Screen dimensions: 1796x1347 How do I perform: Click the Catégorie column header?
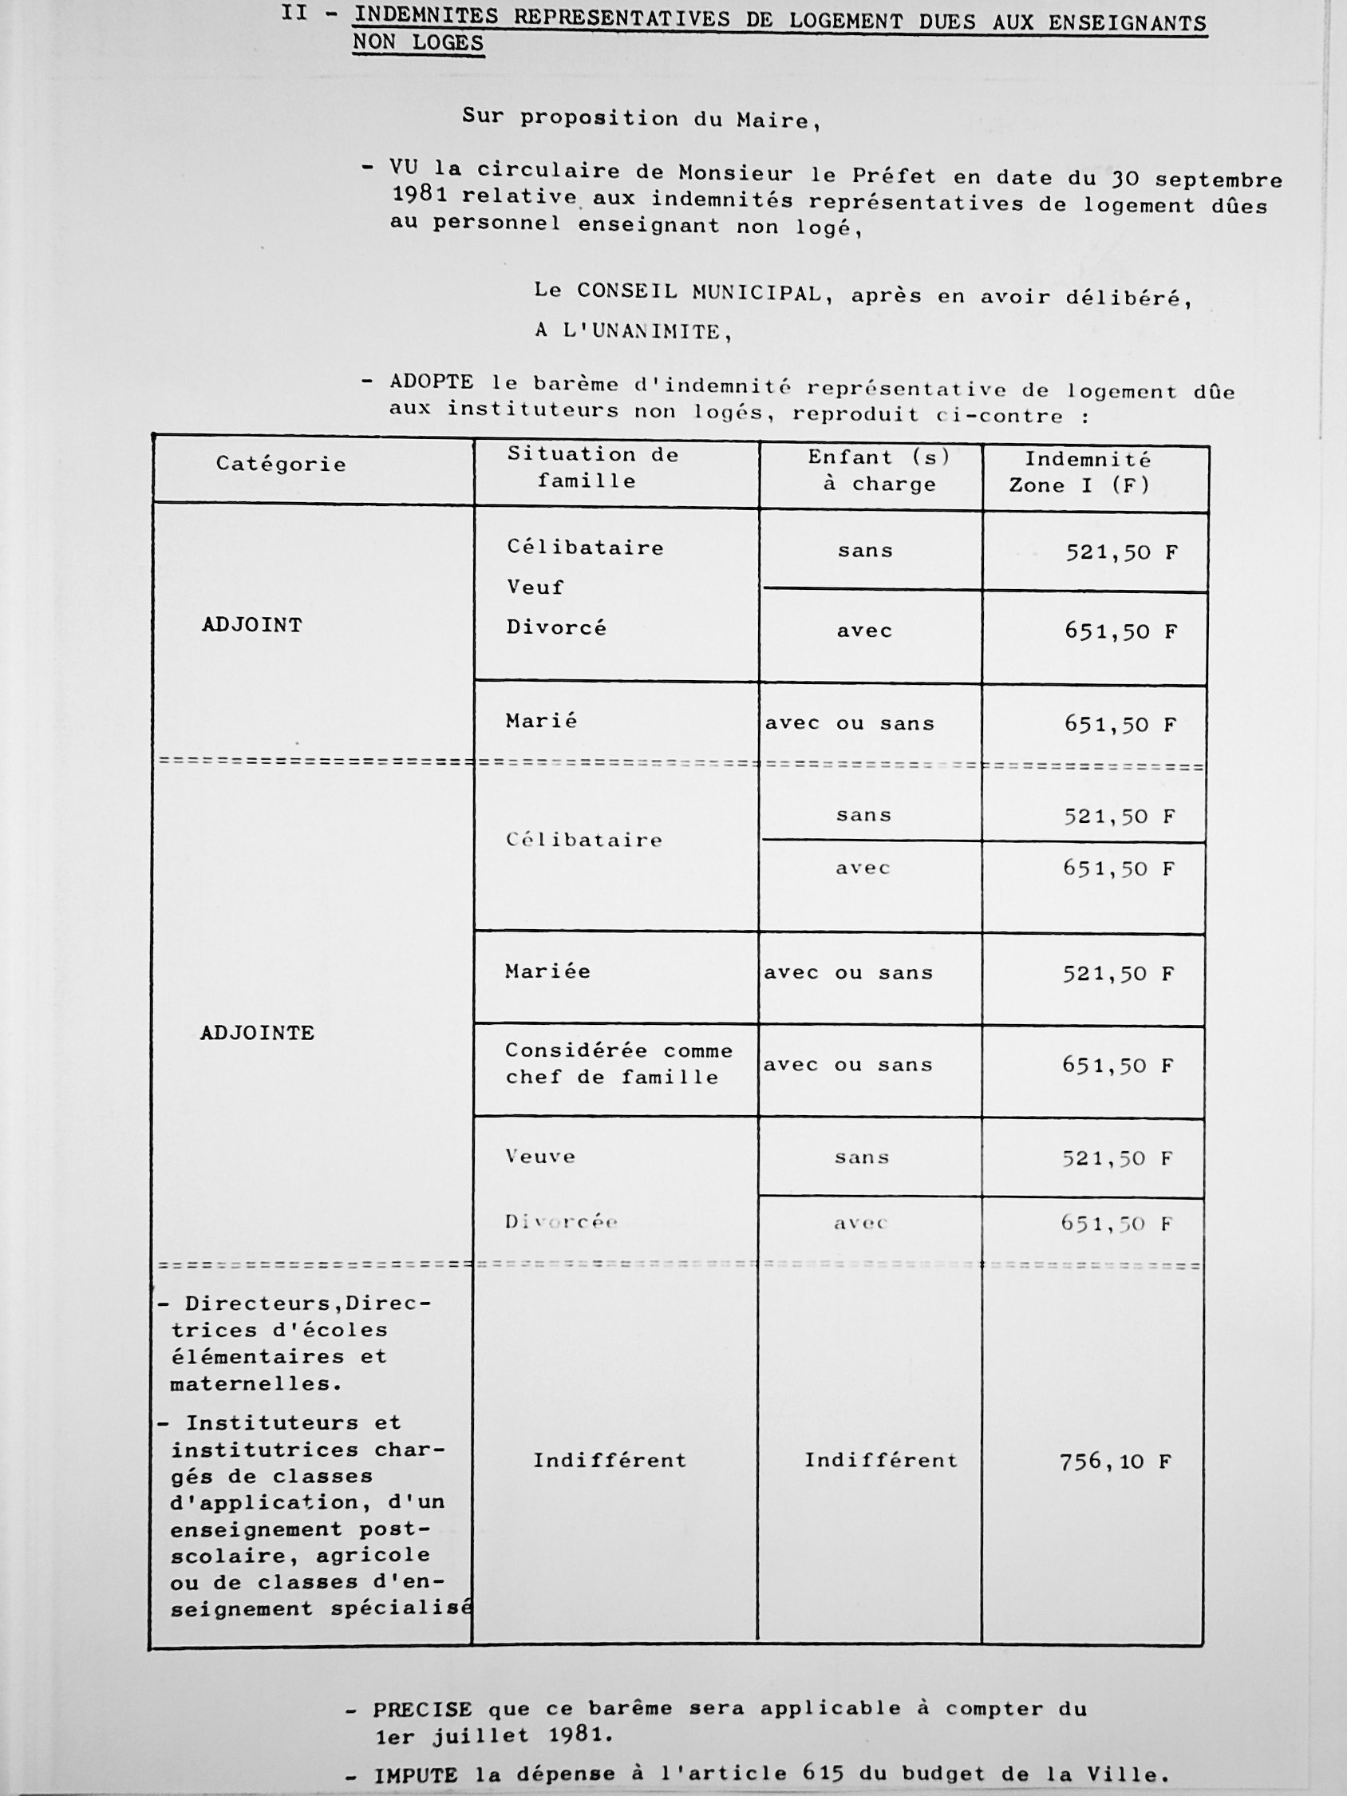coord(281,465)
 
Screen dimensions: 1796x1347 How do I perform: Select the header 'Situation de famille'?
coord(593,468)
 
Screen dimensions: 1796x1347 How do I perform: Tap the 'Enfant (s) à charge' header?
coord(879,471)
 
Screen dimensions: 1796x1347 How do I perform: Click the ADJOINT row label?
coord(251,625)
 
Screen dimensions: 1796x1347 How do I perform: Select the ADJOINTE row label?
coord(257,1033)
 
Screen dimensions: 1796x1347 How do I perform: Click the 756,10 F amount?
coord(1116,1462)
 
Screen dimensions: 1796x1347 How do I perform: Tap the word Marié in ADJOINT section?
coord(542,721)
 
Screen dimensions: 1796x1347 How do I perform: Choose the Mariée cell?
coord(547,972)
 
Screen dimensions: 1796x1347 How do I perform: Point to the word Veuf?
coord(535,587)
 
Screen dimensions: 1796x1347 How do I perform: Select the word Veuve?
coord(540,1156)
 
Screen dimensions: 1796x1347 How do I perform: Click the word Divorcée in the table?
coord(561,1222)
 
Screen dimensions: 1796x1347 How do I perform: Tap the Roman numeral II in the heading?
coord(294,14)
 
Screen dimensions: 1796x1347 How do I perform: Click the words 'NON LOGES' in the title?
coord(418,42)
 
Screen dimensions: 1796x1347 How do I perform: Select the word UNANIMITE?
coord(655,331)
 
